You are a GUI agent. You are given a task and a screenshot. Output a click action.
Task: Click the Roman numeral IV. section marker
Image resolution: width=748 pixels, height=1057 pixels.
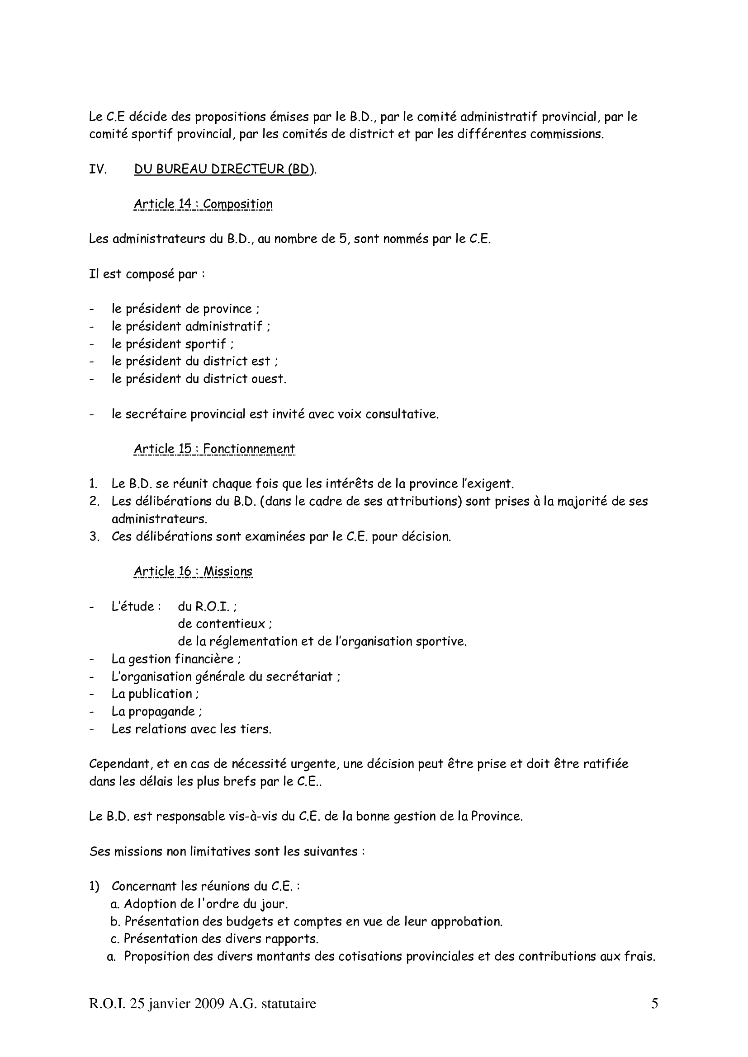98,169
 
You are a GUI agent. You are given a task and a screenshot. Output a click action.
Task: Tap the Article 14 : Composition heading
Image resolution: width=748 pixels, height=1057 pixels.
203,204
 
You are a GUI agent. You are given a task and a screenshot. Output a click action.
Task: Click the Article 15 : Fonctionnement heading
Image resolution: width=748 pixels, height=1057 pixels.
214,449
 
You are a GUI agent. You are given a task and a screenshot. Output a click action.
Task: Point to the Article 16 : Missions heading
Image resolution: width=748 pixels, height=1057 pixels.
193,571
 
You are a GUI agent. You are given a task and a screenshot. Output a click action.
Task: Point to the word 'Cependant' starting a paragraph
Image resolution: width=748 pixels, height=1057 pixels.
118,764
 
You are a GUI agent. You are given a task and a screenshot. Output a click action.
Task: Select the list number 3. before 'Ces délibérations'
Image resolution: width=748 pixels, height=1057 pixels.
94,537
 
